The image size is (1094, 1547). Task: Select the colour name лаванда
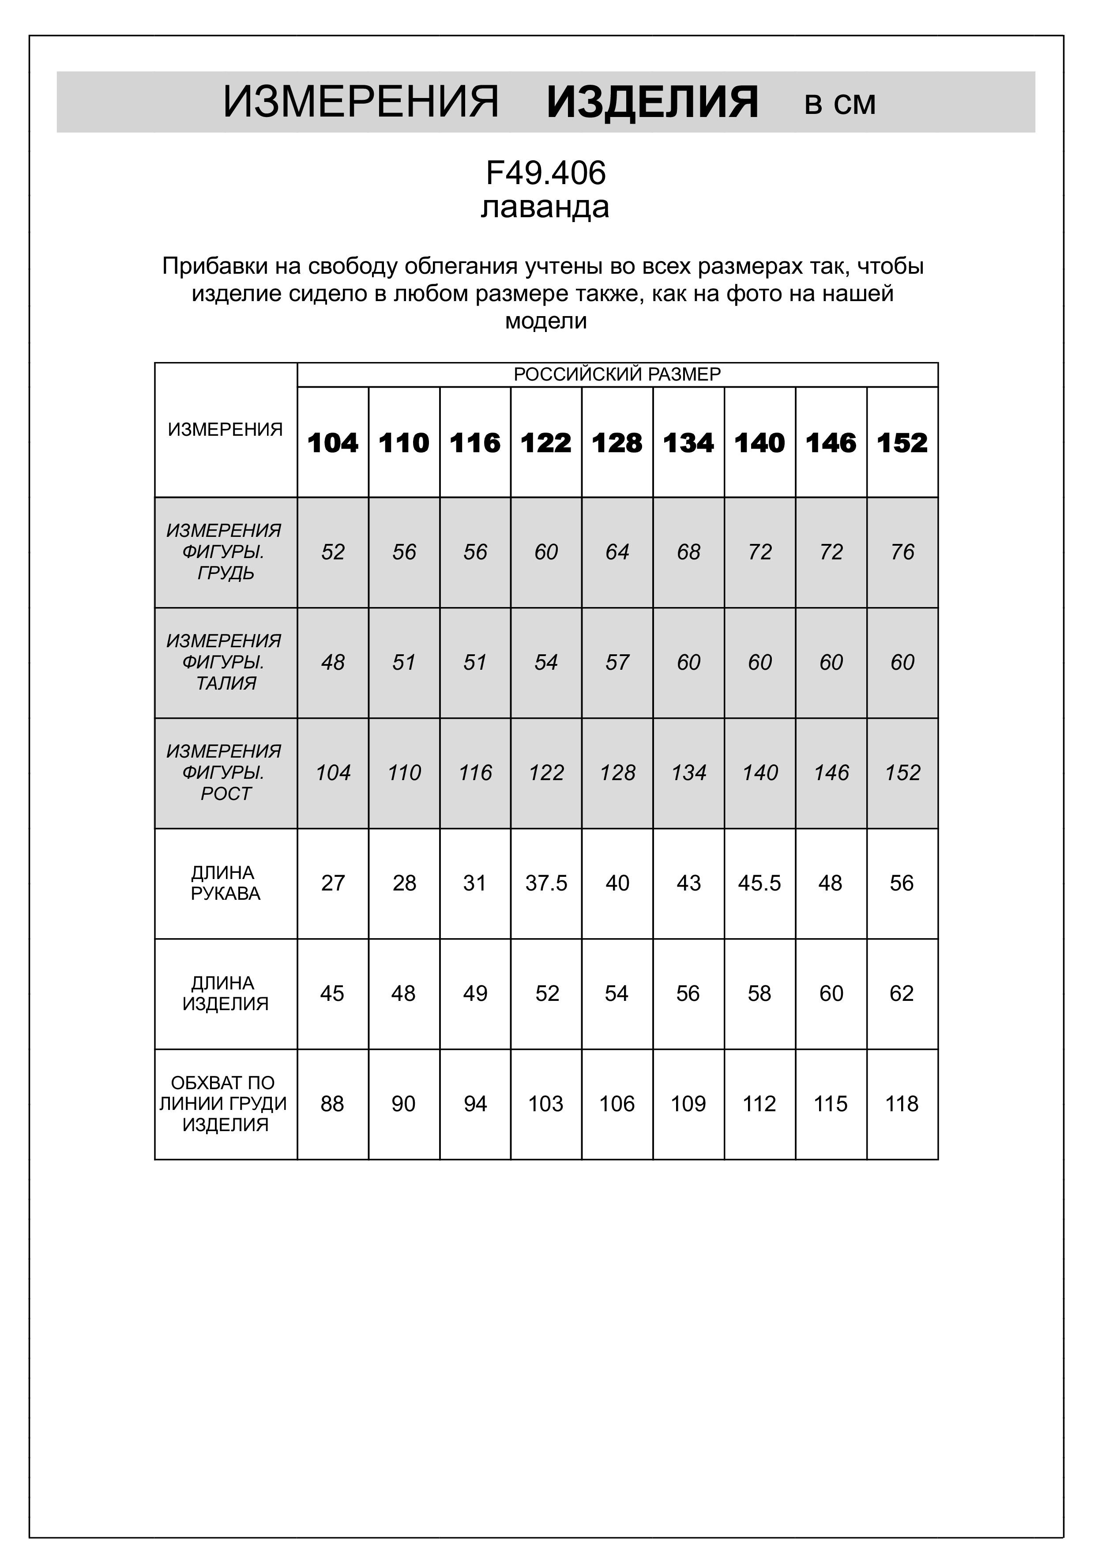545,207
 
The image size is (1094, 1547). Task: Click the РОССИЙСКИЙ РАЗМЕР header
617,375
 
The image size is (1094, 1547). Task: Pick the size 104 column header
333,443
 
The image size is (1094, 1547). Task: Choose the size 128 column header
617,443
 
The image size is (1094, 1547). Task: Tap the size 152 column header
902,443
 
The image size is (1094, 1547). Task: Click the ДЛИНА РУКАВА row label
225,883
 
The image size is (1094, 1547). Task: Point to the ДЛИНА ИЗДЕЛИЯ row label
225,994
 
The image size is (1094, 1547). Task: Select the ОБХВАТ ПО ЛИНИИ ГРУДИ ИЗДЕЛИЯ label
225,1104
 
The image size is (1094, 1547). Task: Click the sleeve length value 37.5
546,883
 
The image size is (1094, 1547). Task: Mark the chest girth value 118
902,1104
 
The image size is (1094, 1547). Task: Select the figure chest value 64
617,552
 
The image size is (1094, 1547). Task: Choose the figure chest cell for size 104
333,552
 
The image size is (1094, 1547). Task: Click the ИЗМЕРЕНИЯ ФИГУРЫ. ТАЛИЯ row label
225,662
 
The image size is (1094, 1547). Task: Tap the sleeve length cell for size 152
902,883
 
